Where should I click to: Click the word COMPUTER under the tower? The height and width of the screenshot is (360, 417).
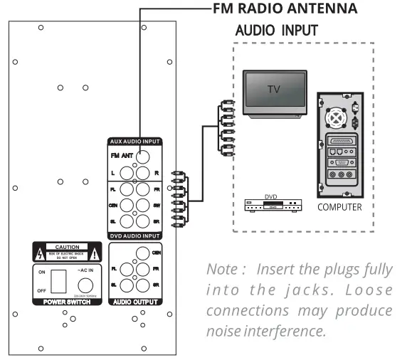pyautogui.click(x=339, y=208)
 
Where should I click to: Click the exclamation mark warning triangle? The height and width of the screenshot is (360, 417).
pyautogui.click(x=95, y=252)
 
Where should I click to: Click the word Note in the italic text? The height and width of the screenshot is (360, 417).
pyautogui.click(x=220, y=270)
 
